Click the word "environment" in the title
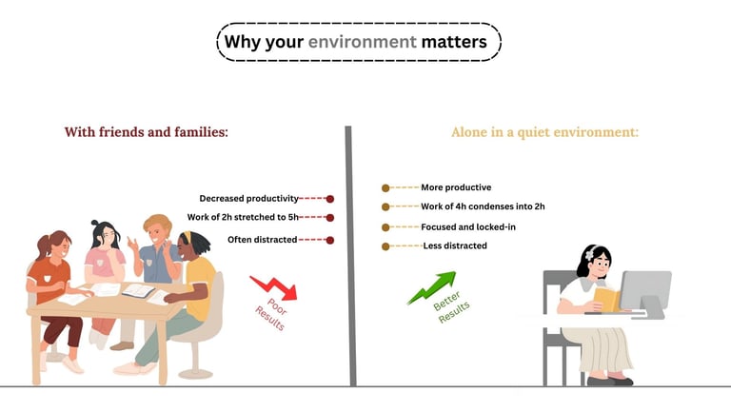363,42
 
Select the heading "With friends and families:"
146,132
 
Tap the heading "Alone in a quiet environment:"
544,132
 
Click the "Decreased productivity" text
248,199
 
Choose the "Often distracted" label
262,239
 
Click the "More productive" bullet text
456,187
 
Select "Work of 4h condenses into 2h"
483,206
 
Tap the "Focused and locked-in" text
467,227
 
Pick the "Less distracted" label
455,246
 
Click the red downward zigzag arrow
274,286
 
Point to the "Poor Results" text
269,316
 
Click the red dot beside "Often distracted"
330,240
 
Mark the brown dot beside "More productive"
385,188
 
